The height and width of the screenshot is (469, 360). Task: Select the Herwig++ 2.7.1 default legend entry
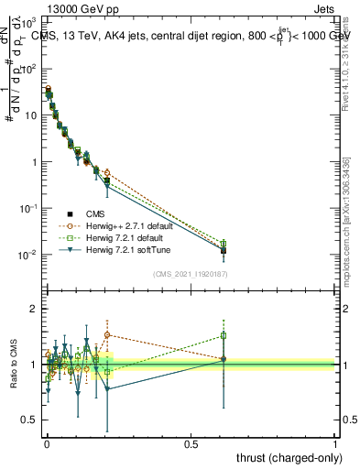tap(133, 224)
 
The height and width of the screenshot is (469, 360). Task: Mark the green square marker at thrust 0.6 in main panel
tap(224, 245)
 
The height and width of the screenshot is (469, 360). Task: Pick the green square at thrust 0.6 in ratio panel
tap(224, 335)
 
